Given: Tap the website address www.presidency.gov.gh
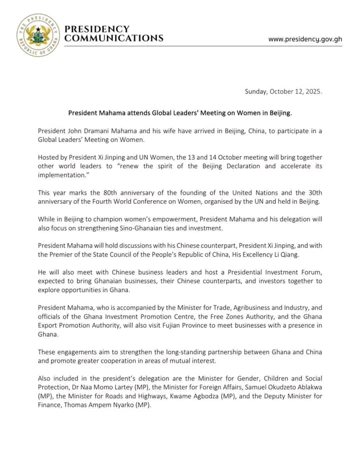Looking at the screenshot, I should (x=305, y=39).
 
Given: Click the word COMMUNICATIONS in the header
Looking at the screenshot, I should (x=114, y=38).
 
